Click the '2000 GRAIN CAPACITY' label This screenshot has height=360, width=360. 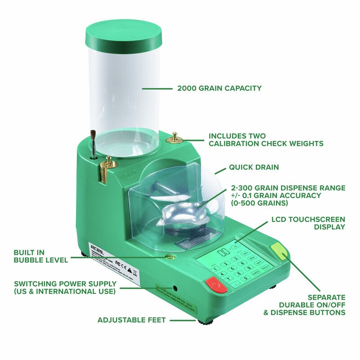pos(219,88)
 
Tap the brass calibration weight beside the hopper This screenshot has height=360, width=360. pos(173,138)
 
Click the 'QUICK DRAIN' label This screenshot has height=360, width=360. pos(254,167)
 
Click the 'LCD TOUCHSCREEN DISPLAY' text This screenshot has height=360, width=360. pos(308,223)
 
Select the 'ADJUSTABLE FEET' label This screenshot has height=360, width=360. pos(132,320)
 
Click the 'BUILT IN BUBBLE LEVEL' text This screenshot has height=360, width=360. pos(40,256)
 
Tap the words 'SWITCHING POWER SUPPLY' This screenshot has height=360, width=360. pos(65,284)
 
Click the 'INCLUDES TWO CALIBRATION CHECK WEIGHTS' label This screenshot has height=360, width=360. pos(265,139)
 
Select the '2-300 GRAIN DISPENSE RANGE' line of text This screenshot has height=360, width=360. pos(288,188)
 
